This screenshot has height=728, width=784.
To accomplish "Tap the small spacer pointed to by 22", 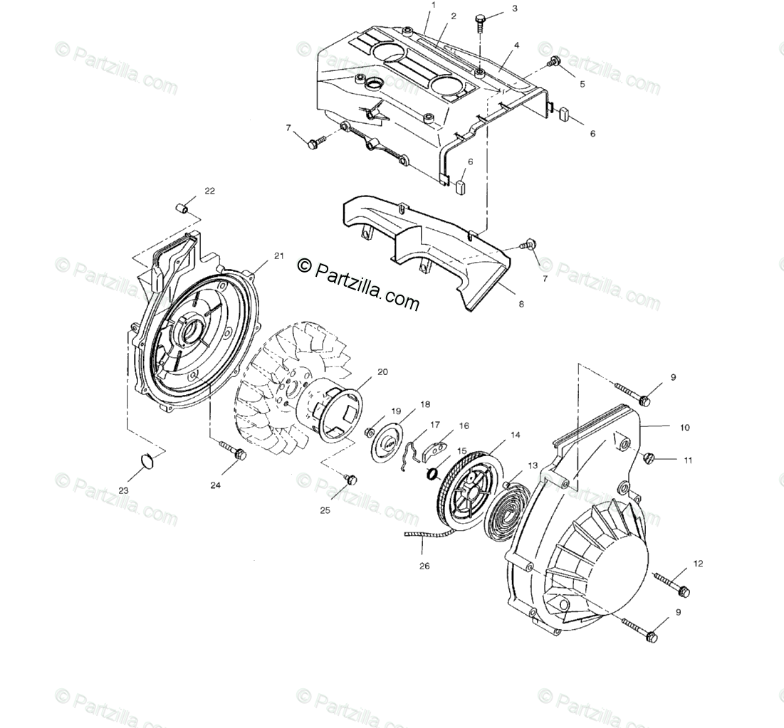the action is coord(182,208).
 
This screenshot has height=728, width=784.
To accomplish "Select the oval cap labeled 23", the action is coord(147,460).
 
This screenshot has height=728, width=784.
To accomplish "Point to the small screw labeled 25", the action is coord(349,480).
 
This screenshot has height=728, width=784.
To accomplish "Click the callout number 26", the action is coord(425,567).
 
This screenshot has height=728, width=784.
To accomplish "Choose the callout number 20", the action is coord(382,372).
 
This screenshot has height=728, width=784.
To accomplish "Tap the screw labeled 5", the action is coord(553,64).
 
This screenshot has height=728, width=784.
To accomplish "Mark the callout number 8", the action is coord(521,305).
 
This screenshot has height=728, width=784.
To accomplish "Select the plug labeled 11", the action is coord(649,457).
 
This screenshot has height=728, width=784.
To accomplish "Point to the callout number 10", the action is coord(684,428).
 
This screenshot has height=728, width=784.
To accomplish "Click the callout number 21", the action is coord(278,255).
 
